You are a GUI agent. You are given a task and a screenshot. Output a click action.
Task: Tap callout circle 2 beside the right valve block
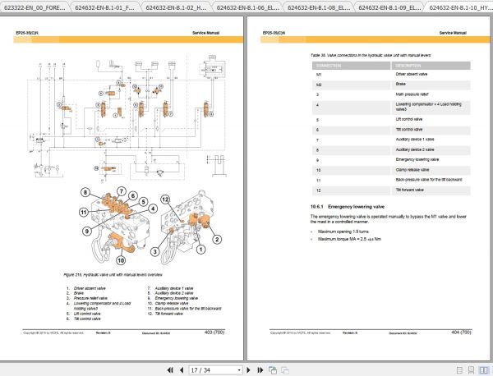pyautogui.click(x=217, y=240)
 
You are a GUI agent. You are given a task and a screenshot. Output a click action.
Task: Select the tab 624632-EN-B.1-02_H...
pyautogui.click(x=174, y=7)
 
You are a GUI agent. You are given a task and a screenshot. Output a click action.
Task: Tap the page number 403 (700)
pyautogui.click(x=218, y=332)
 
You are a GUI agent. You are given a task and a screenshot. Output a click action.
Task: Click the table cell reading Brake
pyautogui.click(x=404, y=84)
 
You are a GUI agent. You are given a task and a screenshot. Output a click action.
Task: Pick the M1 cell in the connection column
pyautogui.click(x=318, y=73)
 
